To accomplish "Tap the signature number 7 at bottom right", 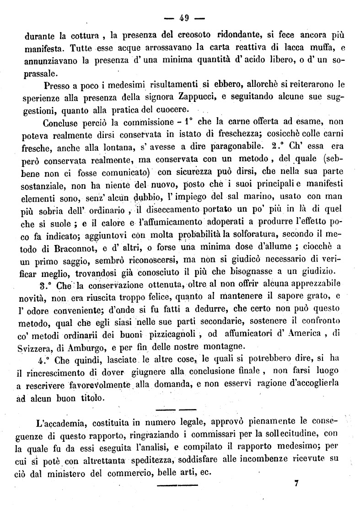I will click(297, 485).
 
